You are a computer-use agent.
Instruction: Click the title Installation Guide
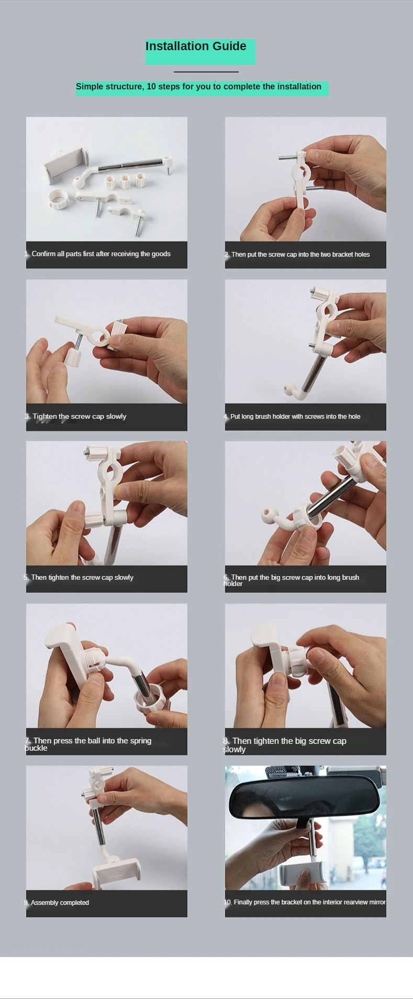pos(196,47)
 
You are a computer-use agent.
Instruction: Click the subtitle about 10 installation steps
pos(198,87)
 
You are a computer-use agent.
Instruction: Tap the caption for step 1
pos(97,254)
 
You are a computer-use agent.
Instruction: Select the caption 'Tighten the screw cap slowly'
pos(75,417)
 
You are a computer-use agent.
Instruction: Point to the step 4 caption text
pos(292,417)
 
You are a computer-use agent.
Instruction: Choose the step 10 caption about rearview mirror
pos(305,902)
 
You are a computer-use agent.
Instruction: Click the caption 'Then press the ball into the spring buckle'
pos(88,744)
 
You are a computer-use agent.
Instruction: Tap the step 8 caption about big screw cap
pos(285,745)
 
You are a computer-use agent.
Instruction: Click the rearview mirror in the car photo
pos(301,794)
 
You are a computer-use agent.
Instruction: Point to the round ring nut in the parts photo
pos(58,199)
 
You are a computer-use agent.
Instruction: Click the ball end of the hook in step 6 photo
pos(269,515)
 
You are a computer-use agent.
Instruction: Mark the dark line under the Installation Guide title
pos(206,72)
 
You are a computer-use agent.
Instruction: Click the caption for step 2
pos(297,255)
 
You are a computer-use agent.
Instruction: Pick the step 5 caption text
pos(79,578)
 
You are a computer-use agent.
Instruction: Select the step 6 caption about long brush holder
pos(292,580)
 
